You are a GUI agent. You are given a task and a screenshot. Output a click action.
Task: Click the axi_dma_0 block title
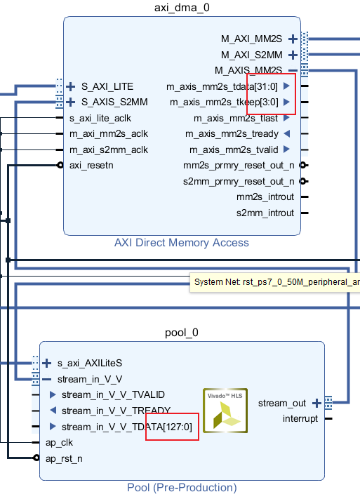pos(181,8)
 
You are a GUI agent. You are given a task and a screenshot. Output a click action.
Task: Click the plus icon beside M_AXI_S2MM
pos(293,55)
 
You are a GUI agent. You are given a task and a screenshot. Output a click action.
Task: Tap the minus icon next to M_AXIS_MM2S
pos(293,70)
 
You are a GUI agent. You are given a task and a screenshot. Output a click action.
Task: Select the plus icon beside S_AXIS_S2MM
pos(70,102)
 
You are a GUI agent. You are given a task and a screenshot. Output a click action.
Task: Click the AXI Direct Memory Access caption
pos(181,243)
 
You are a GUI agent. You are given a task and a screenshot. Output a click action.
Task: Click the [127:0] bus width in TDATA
pos(173,427)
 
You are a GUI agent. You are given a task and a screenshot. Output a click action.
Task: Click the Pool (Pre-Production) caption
pos(182,488)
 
